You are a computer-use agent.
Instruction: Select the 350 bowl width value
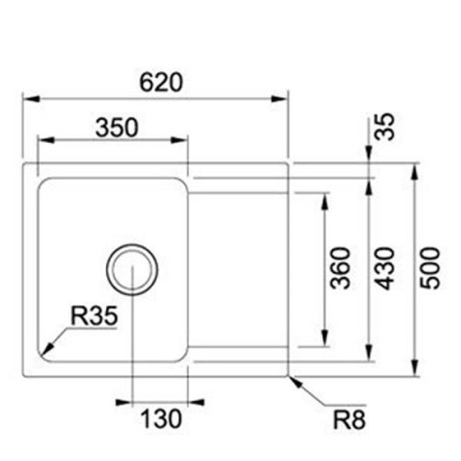[115, 127]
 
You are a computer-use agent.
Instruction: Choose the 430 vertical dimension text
[384, 267]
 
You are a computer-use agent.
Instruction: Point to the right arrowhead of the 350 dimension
[183, 141]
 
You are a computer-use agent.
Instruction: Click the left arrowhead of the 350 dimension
[42, 141]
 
